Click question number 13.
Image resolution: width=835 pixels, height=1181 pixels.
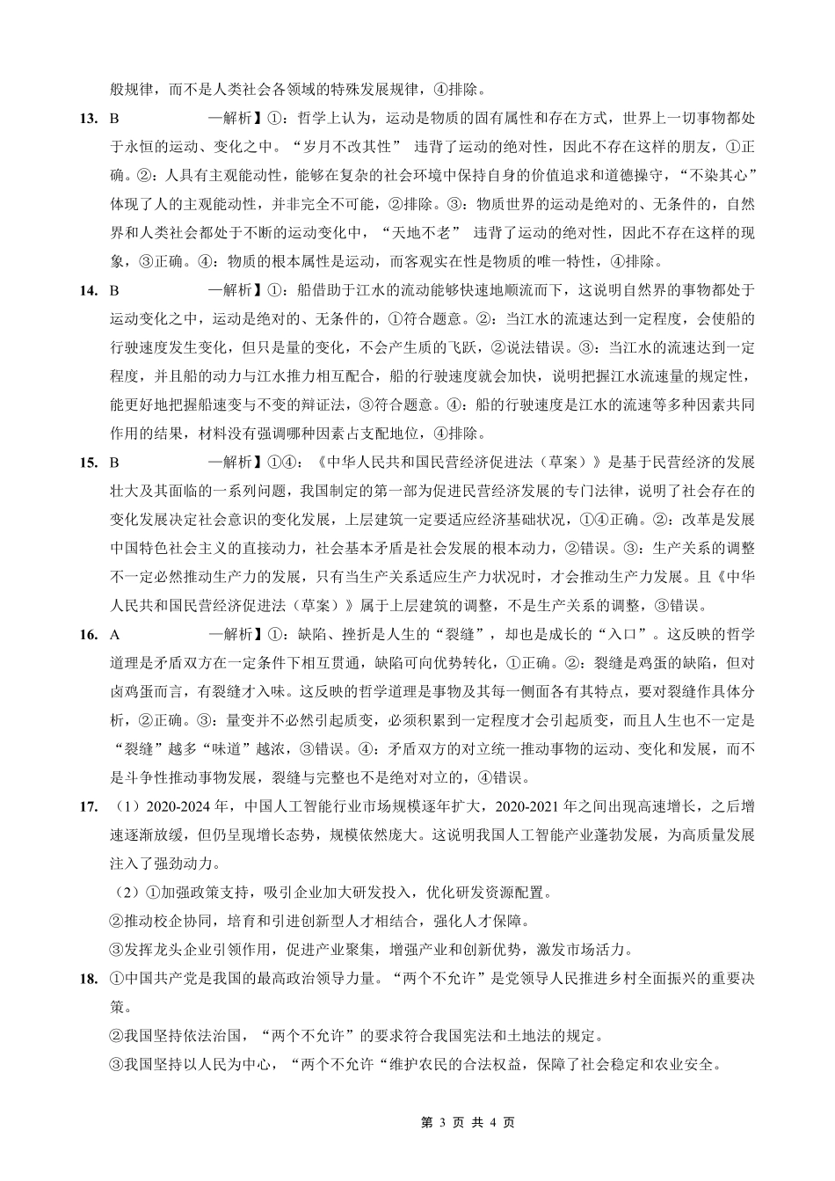(87, 117)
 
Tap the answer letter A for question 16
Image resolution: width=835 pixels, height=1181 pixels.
(114, 634)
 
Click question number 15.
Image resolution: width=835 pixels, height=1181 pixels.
(87, 462)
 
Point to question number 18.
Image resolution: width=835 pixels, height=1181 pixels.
(87, 979)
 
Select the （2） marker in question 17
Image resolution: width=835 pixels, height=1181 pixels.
(127, 893)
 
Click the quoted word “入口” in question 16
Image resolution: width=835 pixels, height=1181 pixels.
(628, 634)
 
